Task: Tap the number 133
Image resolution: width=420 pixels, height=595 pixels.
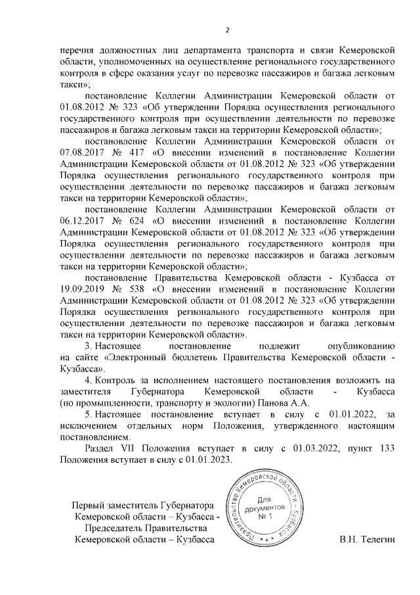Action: [x=387, y=448]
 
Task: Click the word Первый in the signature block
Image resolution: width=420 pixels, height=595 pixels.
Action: [x=88, y=506]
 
